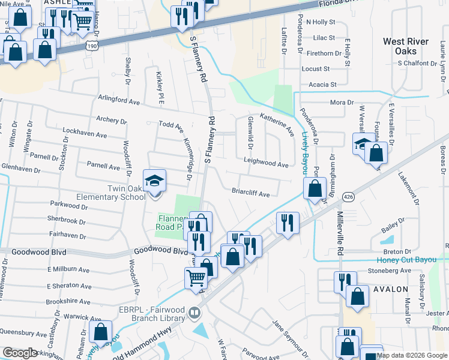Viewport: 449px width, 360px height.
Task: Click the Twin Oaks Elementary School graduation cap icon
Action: (154, 180)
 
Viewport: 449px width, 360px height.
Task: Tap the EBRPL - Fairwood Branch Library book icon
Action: (194, 313)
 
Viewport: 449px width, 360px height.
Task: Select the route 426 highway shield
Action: (348, 196)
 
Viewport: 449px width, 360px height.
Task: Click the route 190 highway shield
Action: (91, 44)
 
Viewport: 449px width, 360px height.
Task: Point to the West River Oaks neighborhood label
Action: (406, 46)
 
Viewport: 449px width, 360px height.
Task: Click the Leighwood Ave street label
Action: (266, 163)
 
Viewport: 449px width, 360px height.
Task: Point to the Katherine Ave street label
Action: (277, 122)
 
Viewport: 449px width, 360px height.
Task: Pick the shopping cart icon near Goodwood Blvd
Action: (196, 277)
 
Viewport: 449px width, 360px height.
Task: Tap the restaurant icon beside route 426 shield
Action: (287, 223)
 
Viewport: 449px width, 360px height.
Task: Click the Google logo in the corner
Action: (20, 353)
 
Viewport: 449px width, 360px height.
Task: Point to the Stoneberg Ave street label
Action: (389, 271)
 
